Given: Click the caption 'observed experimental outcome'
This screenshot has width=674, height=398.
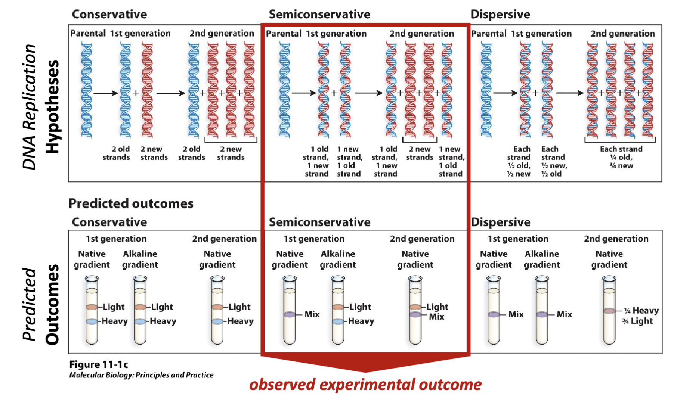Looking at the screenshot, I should (365, 385).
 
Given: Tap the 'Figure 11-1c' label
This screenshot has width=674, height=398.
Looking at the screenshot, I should (99, 364).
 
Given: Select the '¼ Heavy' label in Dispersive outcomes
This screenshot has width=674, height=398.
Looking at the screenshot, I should (641, 310).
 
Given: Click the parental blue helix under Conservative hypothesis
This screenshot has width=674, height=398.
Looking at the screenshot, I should (86, 90).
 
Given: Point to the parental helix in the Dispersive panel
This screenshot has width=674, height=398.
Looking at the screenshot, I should (486, 90).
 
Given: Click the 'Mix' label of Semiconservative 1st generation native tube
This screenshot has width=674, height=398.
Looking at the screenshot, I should (312, 314).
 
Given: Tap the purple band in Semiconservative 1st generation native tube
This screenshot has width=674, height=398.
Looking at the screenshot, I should (290, 315).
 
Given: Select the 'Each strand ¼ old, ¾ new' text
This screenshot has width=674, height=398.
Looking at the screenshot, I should (621, 157).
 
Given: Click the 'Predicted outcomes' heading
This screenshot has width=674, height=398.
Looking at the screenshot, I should (131, 203).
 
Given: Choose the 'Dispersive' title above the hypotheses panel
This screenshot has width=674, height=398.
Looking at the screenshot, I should (500, 14).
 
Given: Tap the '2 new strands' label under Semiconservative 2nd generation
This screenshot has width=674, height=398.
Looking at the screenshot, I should (420, 153).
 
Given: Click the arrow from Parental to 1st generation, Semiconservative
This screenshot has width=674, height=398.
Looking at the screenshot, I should (303, 93).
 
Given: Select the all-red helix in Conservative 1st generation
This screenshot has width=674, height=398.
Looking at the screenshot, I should (147, 90).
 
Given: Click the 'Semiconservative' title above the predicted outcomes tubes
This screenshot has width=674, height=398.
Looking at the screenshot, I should (319, 222).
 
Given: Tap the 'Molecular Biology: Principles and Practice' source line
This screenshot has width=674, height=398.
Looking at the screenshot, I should (141, 375).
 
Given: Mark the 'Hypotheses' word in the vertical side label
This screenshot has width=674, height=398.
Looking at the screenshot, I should (52, 107).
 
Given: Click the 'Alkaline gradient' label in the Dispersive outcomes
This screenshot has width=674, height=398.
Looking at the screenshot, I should (542, 259).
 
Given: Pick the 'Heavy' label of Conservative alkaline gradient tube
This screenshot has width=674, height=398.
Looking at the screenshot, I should (163, 321).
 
